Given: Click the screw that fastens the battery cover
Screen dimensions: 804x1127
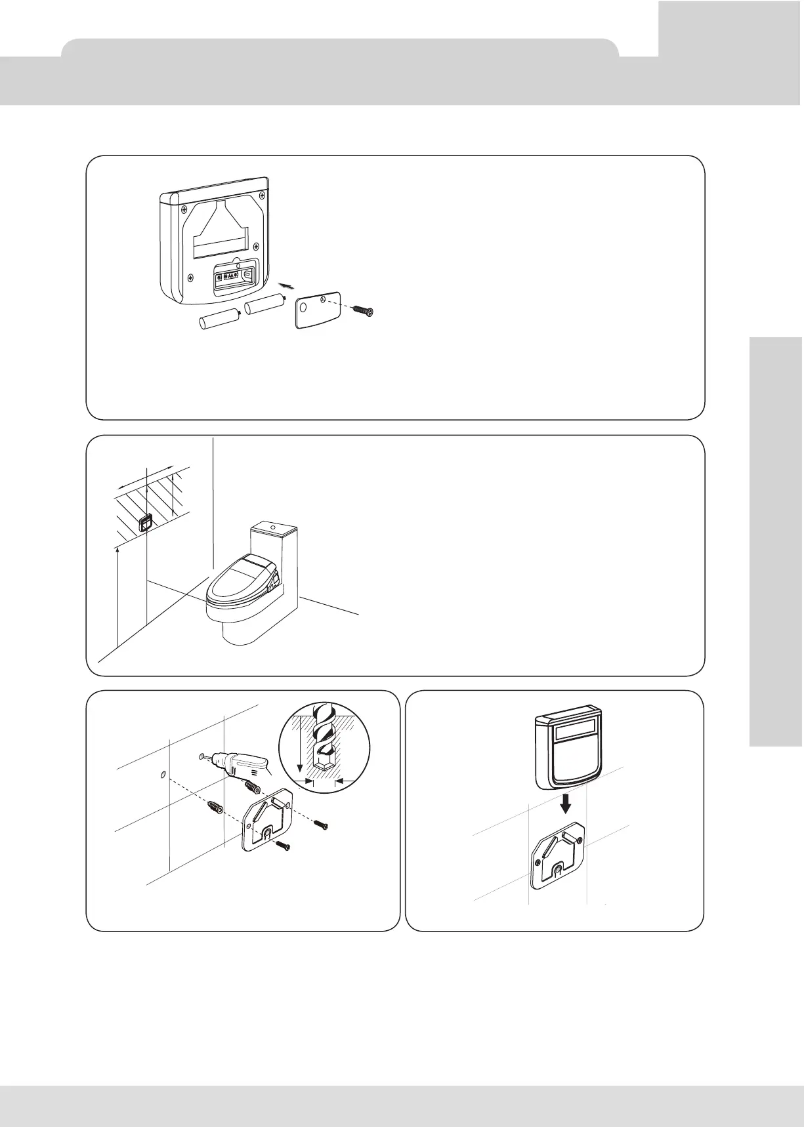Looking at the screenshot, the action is point(362,309).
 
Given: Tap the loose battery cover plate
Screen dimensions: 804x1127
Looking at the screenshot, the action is point(318,310).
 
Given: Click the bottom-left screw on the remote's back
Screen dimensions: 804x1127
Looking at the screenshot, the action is point(190,276).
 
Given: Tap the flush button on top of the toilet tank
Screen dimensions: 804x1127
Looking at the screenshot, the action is point(273,525).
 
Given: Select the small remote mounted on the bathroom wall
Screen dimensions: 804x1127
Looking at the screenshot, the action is point(144,523).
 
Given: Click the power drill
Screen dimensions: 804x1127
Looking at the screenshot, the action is point(240,764).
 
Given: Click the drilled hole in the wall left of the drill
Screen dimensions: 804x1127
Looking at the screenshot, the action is point(162,775).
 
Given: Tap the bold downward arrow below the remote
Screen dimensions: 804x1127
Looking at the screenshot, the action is point(562,802).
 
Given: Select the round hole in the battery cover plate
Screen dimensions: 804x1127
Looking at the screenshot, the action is point(303,306).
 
